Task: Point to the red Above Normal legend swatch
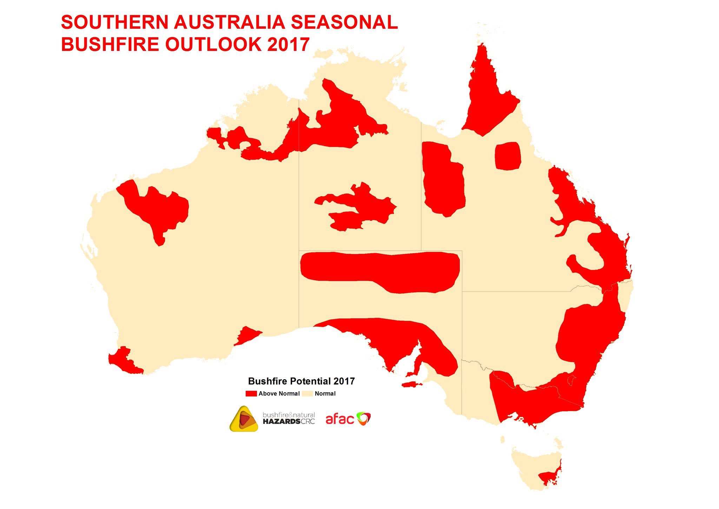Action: (251, 393)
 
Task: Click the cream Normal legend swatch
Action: (307, 393)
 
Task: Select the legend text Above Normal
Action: (279, 393)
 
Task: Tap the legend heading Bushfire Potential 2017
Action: (301, 381)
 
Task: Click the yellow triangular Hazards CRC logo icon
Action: (244, 419)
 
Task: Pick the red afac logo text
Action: (340, 419)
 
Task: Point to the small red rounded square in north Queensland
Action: (508, 156)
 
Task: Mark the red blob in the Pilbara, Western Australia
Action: (154, 207)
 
